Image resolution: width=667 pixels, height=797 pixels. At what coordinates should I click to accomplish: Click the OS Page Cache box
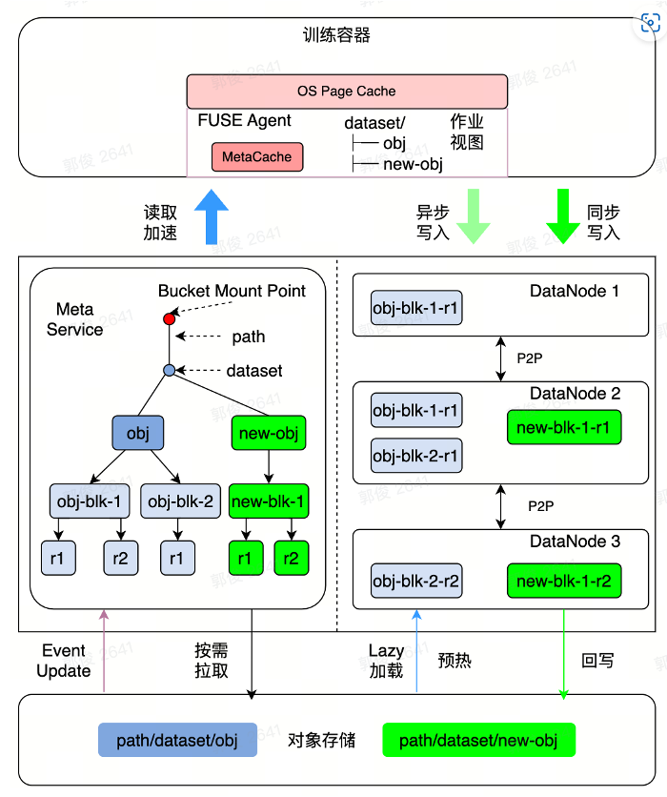point(347,92)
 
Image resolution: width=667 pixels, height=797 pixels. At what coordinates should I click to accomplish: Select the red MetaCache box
point(257,156)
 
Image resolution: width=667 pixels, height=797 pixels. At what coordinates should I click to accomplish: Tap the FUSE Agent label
point(244,121)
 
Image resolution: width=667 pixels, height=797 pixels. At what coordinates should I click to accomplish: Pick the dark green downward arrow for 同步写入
point(563,215)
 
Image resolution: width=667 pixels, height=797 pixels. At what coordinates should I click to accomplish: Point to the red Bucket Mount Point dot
point(170,318)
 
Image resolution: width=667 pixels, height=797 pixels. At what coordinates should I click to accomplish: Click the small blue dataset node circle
point(170,369)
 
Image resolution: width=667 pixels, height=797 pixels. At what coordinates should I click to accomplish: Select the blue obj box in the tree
point(137,434)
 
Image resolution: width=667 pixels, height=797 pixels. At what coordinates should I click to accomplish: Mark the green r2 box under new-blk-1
point(292,558)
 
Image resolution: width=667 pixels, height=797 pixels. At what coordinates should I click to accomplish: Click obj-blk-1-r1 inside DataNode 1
point(416,309)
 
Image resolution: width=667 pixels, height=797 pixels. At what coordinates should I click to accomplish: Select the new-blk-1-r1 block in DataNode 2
point(564,426)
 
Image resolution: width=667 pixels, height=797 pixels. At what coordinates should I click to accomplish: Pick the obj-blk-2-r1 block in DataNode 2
point(416,456)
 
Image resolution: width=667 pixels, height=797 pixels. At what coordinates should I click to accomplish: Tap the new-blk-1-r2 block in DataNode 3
point(564,579)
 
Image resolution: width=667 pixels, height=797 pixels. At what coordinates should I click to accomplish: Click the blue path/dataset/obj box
point(177,740)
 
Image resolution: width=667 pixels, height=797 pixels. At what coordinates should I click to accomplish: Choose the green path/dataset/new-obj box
point(478,740)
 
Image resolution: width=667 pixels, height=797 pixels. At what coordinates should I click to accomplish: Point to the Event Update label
point(63,661)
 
